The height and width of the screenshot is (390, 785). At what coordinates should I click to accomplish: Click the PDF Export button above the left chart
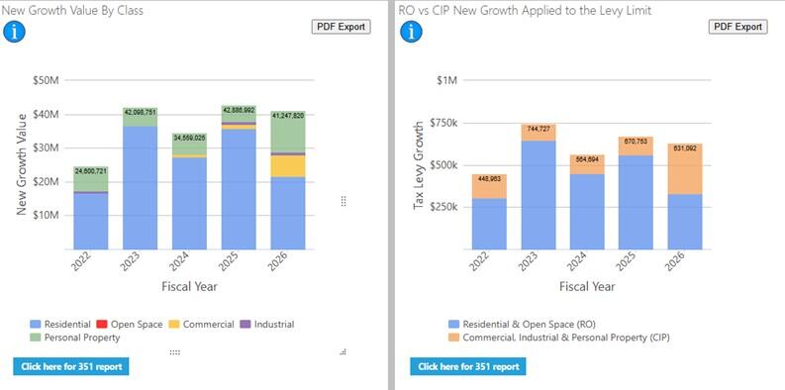pyautogui.click(x=342, y=27)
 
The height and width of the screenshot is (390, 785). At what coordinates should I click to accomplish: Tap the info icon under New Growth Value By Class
pyautogui.click(x=16, y=31)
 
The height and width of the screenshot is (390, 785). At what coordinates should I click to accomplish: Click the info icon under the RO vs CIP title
pyautogui.click(x=409, y=31)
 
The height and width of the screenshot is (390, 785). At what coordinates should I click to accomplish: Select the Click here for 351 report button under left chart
pyautogui.click(x=71, y=366)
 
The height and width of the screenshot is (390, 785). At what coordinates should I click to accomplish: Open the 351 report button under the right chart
pyautogui.click(x=467, y=366)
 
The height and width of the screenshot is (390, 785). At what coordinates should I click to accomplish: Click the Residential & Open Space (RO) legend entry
pyautogui.click(x=522, y=324)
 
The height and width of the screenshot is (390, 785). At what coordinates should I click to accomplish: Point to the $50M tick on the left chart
pyautogui.click(x=47, y=80)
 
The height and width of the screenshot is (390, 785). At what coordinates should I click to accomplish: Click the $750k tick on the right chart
pyautogui.click(x=441, y=123)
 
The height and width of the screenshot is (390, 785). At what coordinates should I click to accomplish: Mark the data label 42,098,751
pyautogui.click(x=141, y=112)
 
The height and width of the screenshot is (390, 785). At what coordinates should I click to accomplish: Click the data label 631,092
pyautogui.click(x=685, y=149)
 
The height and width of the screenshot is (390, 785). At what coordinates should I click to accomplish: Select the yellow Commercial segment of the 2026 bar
pyautogui.click(x=288, y=166)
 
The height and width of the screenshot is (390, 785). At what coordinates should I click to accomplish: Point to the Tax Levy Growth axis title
pyautogui.click(x=419, y=165)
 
